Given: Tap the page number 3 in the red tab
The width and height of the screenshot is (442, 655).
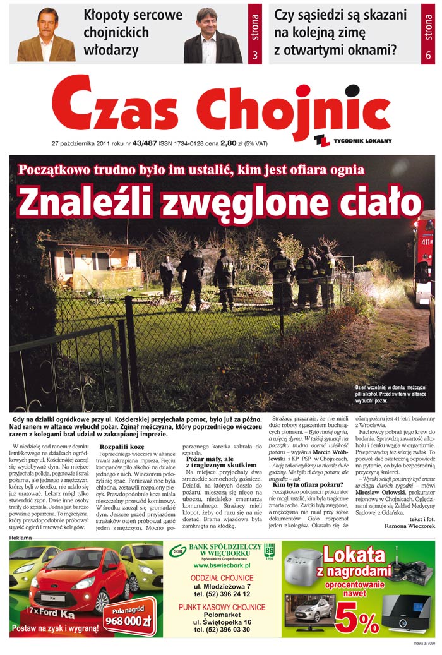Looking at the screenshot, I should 255,56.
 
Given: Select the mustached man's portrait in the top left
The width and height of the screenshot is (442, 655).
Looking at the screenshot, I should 47,35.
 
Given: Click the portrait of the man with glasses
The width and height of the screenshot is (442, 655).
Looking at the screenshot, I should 212,35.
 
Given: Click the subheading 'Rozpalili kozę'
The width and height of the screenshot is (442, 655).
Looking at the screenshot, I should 122,447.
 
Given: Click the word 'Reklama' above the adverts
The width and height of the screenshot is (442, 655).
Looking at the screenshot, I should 21,538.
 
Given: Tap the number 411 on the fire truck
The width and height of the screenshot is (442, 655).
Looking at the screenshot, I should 427,240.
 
